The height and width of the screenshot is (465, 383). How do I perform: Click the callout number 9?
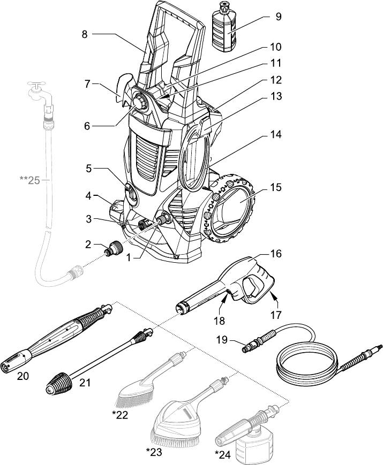pyautogui.click(x=278, y=16)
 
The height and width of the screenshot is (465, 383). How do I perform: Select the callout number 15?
pyautogui.click(x=276, y=188)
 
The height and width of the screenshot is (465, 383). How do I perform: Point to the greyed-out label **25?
pyautogui.click(x=30, y=180)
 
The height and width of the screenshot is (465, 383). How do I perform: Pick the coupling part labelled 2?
pyautogui.click(x=113, y=249)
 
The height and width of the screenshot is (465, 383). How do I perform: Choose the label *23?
pyautogui.click(x=154, y=452)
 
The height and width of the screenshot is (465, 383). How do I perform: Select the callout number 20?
pyautogui.click(x=22, y=376)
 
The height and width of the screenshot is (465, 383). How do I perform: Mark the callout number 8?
pyautogui.click(x=85, y=34)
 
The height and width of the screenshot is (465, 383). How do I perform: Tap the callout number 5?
pyautogui.click(x=88, y=168)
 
